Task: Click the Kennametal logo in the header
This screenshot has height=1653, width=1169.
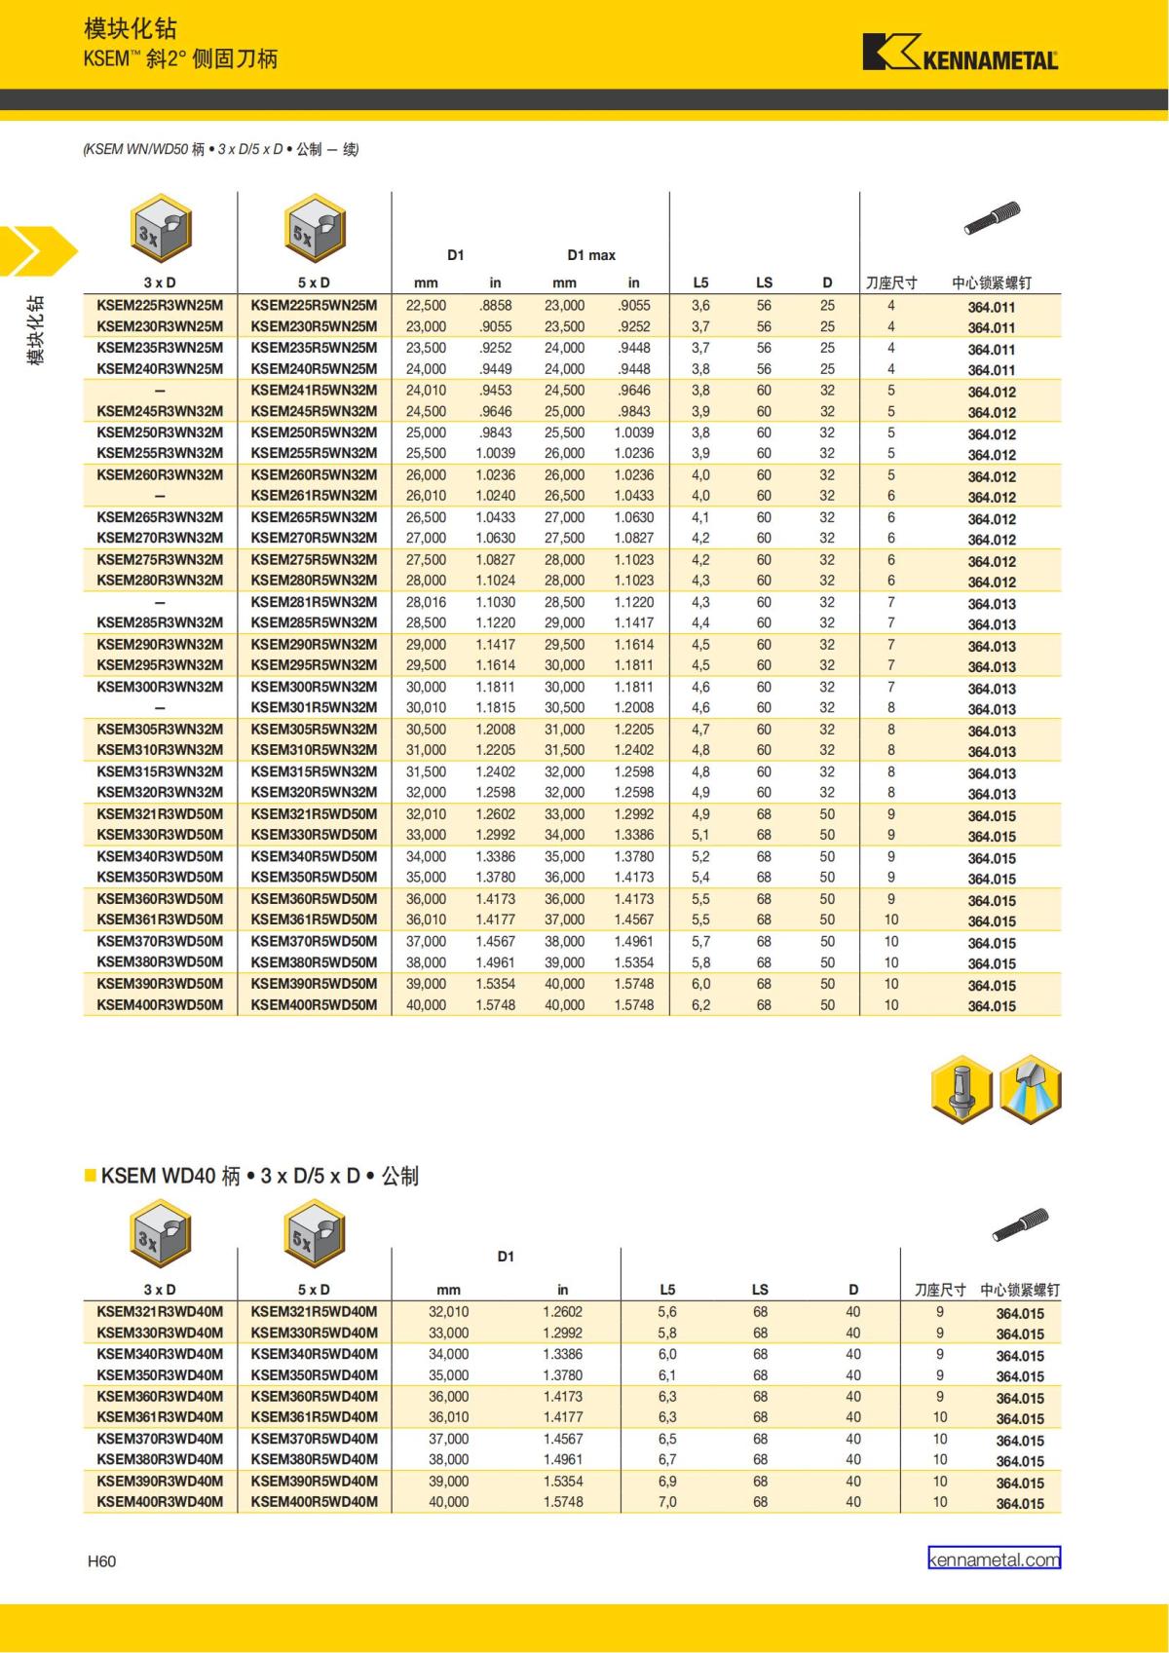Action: click(x=960, y=54)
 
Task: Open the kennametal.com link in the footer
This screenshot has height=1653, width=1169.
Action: click(x=994, y=1559)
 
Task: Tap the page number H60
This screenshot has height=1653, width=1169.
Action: click(x=102, y=1561)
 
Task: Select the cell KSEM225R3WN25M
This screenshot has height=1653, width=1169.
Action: click(x=160, y=306)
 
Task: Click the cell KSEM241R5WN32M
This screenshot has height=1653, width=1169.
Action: click(x=314, y=391)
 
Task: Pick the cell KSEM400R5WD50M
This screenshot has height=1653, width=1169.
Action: click(x=314, y=1005)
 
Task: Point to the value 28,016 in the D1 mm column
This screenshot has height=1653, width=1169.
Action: click(x=426, y=603)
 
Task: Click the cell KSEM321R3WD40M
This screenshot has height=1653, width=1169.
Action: click(x=160, y=1312)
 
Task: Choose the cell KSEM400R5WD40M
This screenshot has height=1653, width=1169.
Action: click(x=314, y=1502)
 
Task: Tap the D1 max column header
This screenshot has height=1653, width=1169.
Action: click(x=591, y=255)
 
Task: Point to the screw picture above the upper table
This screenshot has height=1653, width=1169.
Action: click(x=992, y=218)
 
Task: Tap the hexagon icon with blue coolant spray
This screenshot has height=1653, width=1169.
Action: click(x=1030, y=1089)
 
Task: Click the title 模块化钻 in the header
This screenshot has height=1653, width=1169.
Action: click(x=131, y=30)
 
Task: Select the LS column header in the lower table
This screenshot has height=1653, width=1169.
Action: click(x=760, y=1290)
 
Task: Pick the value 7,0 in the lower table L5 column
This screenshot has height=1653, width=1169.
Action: click(x=667, y=1502)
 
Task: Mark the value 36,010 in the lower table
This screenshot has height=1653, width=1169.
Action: click(x=448, y=1417)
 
